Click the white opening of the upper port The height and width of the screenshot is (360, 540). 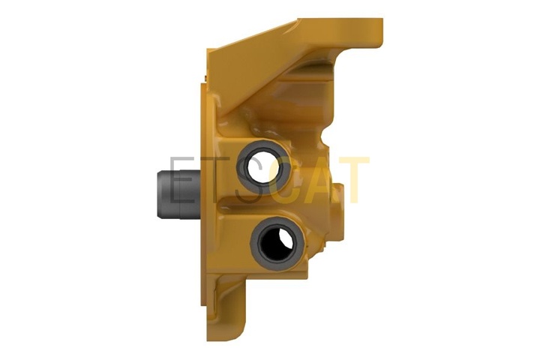(260, 166)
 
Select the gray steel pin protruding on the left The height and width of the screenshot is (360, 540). (178, 194)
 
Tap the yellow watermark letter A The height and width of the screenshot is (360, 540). (319, 180)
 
